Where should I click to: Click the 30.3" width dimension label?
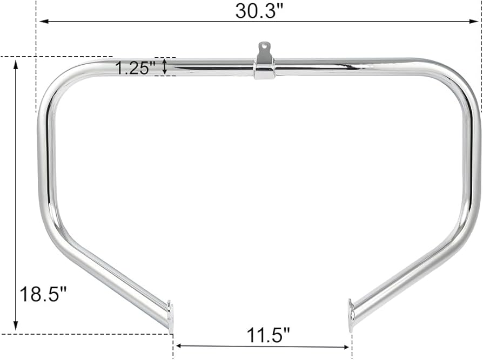tap(259, 10)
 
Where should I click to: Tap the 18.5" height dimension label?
tap(43, 295)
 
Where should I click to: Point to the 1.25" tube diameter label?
tap(136, 68)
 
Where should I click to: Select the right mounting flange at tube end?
tap(352, 315)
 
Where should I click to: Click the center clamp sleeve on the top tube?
tap(264, 70)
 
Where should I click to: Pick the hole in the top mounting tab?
tap(265, 47)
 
